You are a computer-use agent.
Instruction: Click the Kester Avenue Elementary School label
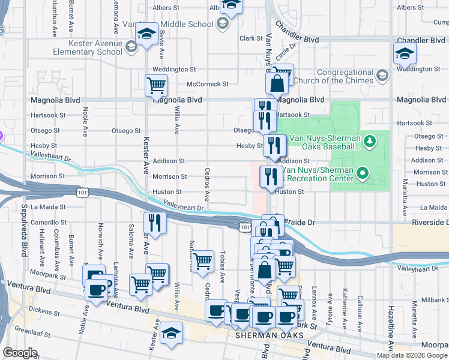[87, 48]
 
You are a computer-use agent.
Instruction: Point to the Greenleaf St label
[31, 329]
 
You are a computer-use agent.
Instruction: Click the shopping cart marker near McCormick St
[156, 86]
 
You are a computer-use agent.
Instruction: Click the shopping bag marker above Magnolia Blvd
[277, 83]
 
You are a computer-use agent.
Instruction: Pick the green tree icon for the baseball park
[370, 141]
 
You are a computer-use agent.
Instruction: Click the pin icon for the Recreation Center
[362, 175]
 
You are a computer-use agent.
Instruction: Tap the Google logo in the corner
[20, 353]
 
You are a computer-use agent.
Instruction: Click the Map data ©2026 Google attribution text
[412, 355]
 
